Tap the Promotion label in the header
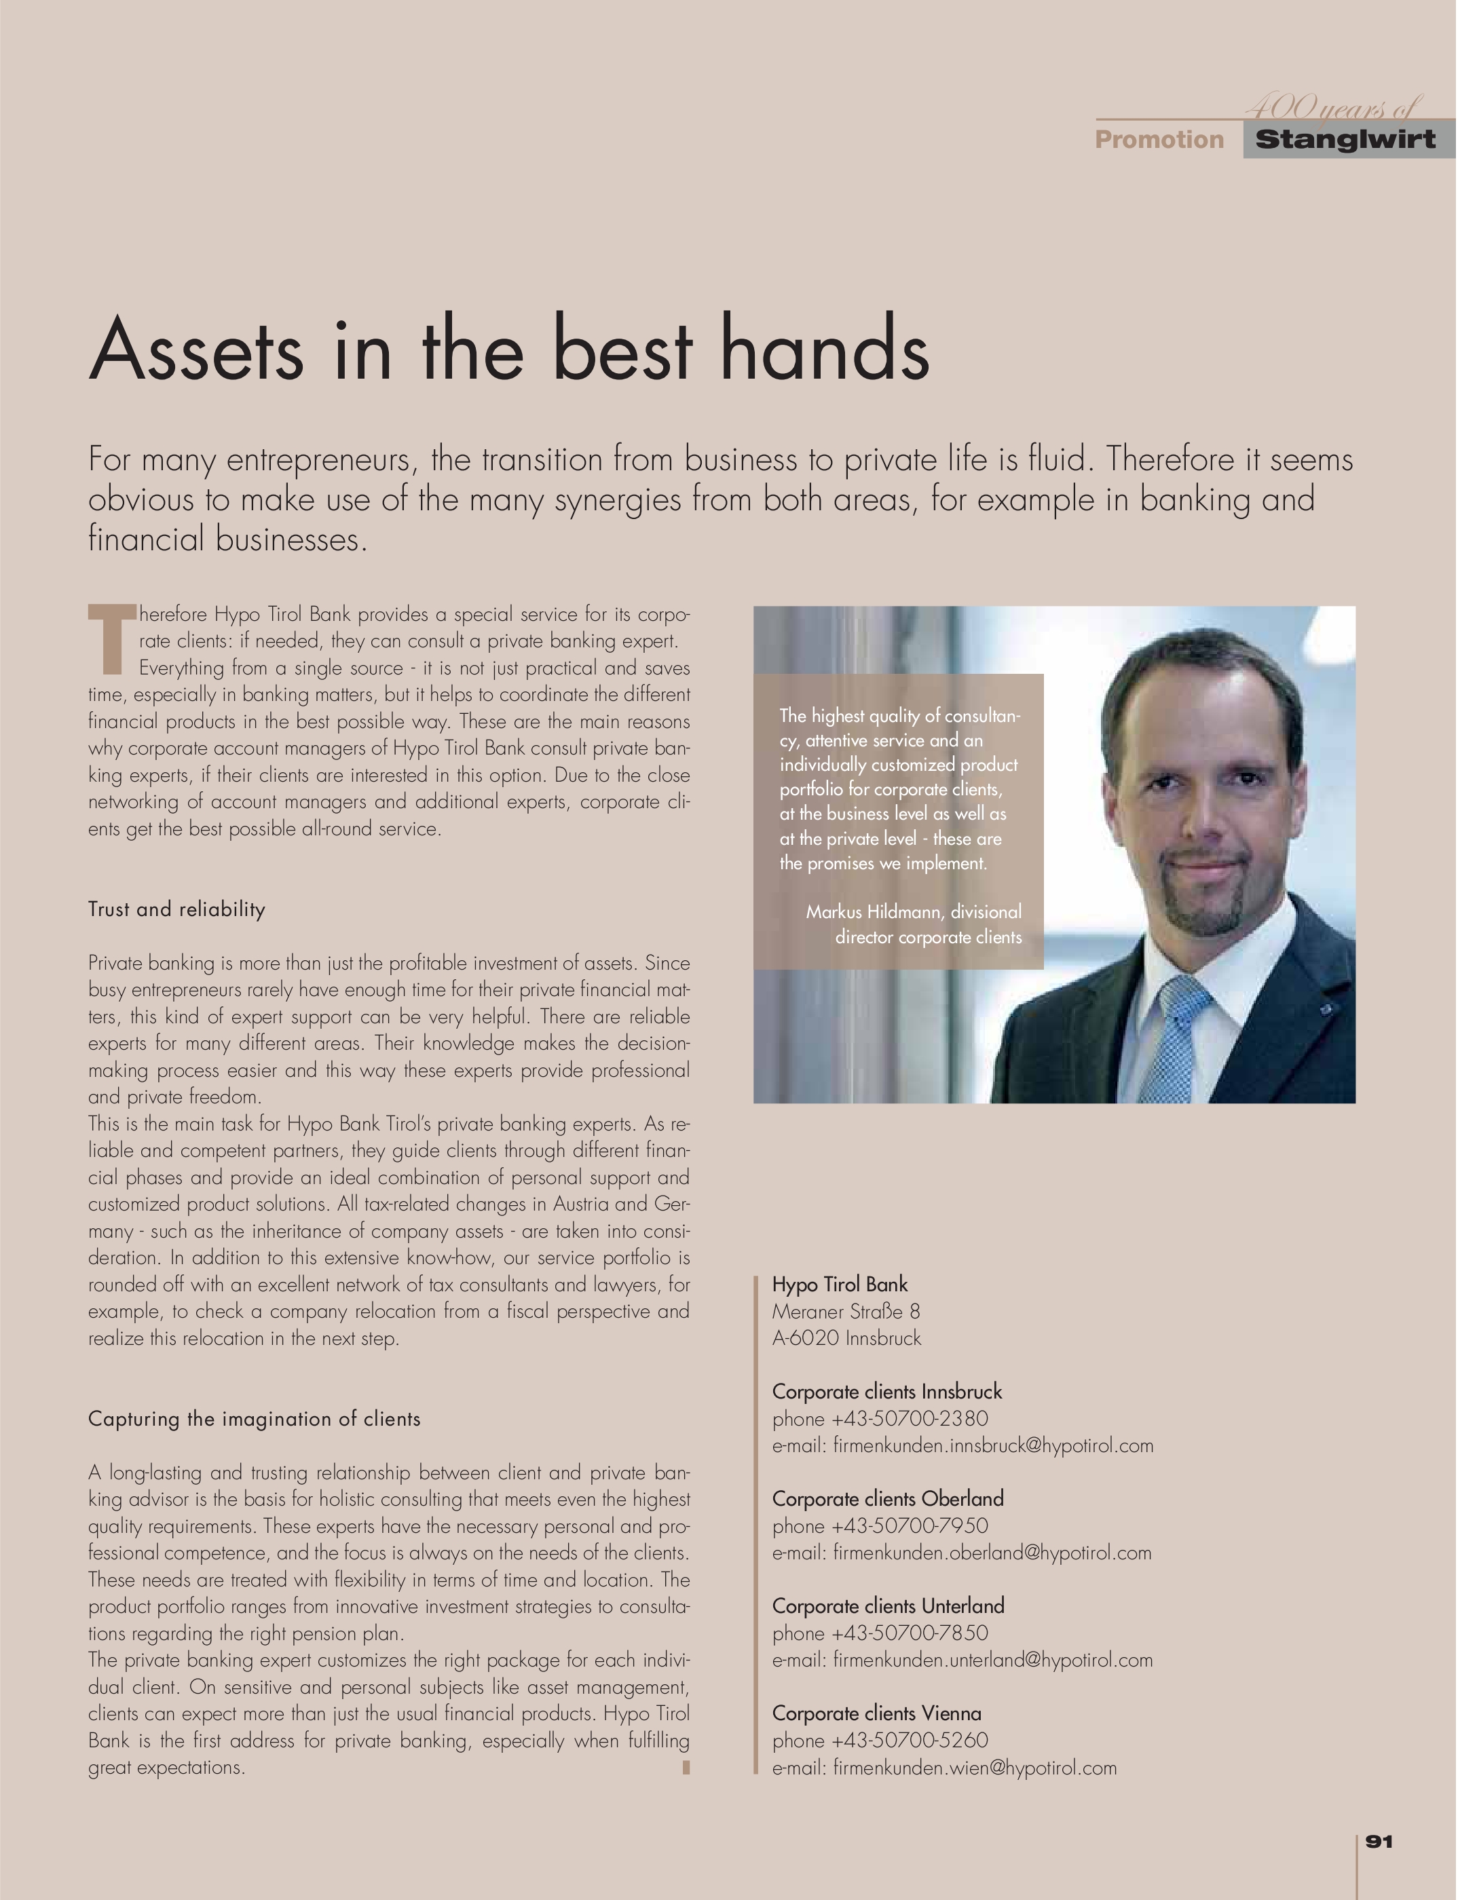(1159, 140)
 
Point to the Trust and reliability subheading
(176, 909)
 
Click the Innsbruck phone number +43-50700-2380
(909, 1418)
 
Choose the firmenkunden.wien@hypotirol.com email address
(975, 1767)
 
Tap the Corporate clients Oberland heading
(888, 1498)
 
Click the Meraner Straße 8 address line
(846, 1311)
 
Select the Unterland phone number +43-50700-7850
(909, 1633)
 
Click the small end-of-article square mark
(686, 1766)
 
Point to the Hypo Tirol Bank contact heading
(839, 1284)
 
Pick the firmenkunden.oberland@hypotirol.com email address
(992, 1552)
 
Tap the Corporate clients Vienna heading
(876, 1713)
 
